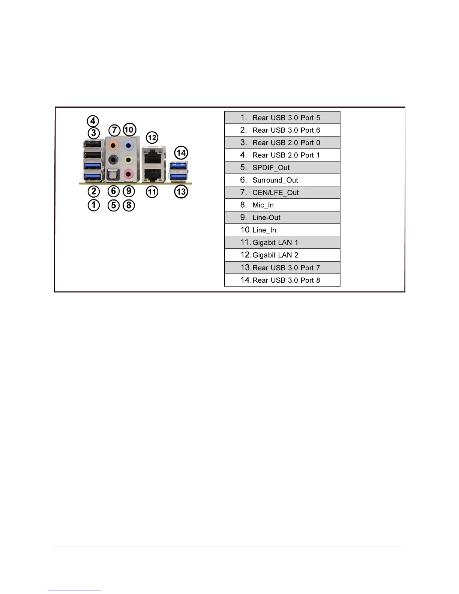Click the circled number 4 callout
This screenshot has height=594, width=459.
point(93,121)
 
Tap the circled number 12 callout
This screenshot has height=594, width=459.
point(152,138)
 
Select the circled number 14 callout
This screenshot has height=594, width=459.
point(181,153)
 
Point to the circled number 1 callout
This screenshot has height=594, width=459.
point(94,205)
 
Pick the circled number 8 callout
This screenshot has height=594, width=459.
point(129,205)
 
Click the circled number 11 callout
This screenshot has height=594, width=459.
point(152,192)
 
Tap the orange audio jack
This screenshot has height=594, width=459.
point(113,145)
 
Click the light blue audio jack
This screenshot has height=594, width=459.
point(129,145)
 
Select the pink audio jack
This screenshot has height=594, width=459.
point(129,174)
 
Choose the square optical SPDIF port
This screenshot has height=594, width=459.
point(112,174)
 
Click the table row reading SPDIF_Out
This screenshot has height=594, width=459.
point(282,168)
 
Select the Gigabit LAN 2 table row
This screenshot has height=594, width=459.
point(282,255)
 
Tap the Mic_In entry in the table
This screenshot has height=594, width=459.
point(282,205)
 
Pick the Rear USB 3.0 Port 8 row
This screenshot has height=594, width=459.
point(282,280)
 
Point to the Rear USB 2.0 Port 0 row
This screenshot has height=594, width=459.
point(282,143)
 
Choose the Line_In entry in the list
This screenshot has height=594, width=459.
point(282,230)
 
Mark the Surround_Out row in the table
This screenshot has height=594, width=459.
point(282,180)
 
